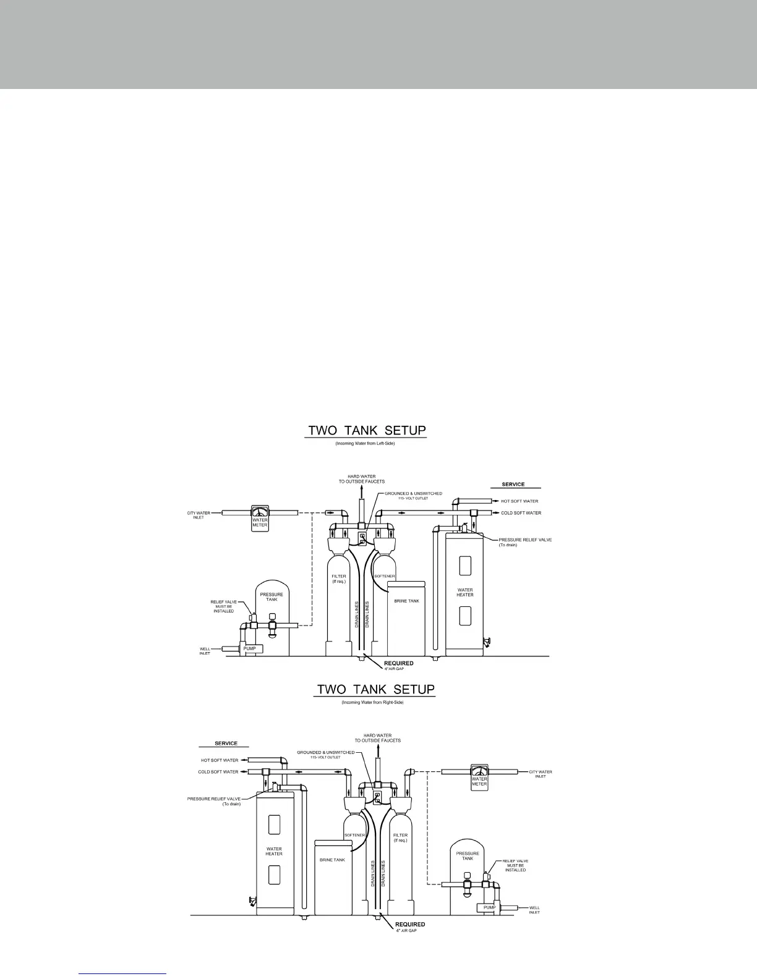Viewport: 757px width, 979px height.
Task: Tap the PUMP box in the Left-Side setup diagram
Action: point(249,648)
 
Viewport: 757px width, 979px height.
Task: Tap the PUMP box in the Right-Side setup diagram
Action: point(489,907)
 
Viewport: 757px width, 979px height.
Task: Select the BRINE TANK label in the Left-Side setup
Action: point(406,601)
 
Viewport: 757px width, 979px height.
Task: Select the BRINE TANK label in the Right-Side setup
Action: point(332,860)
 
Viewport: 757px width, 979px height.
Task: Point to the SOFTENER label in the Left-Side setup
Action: point(384,576)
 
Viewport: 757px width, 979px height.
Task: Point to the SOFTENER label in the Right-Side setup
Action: point(354,835)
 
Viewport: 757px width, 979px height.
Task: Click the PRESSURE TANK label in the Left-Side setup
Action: point(272,597)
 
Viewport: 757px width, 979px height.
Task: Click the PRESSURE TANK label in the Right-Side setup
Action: point(468,856)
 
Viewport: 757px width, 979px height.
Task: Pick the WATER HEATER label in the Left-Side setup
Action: point(465,592)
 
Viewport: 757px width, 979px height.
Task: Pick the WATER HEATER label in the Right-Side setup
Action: point(274,851)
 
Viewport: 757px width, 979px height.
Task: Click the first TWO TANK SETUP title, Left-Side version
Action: point(366,430)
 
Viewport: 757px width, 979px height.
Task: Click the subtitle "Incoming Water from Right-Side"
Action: point(372,703)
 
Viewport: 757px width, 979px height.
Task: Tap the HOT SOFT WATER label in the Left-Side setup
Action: point(520,501)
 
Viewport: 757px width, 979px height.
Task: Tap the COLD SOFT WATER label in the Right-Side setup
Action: point(218,772)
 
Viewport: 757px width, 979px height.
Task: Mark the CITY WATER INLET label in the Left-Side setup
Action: point(199,515)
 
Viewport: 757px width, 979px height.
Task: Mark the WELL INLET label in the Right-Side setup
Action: point(534,910)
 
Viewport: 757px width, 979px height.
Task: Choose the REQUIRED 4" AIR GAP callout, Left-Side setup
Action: point(399,665)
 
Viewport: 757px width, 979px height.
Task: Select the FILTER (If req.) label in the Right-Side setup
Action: point(400,837)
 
